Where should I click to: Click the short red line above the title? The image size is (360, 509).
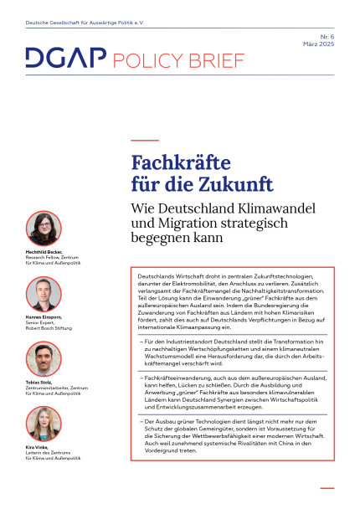coord(145,140)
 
